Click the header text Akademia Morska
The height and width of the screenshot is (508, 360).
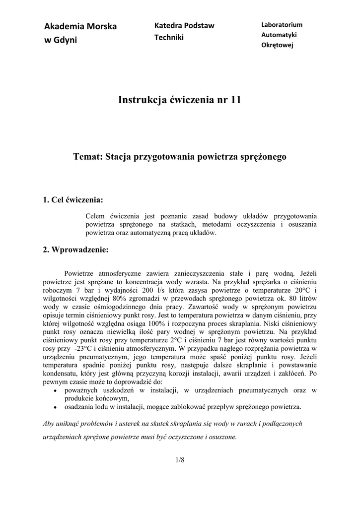coord(80,26)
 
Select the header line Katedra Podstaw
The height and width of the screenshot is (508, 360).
coord(184,25)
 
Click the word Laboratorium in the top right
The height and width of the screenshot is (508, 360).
coord(282,25)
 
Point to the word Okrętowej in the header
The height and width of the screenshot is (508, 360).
coord(278,45)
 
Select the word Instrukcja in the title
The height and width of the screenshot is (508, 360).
coord(141,100)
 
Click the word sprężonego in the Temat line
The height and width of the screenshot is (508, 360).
coord(263,157)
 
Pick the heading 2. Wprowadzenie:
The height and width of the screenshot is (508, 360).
coord(75,250)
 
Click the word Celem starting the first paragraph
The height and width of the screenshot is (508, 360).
coord(95,216)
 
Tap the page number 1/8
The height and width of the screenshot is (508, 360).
coord(180,460)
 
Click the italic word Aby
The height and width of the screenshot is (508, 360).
coord(48,424)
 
